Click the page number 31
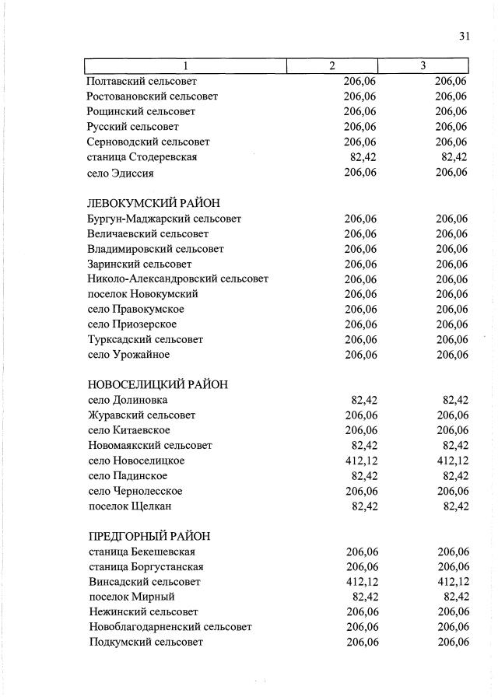465,37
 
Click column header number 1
185,66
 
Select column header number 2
332,66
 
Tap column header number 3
423,66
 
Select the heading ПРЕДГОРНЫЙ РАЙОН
149,537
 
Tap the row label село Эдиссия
120,173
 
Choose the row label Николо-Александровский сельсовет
178,278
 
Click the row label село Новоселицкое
136,461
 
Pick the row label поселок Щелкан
130,506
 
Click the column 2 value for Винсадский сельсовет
360,582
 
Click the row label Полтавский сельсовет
142,81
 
